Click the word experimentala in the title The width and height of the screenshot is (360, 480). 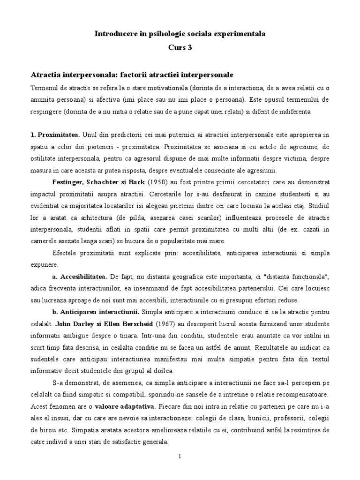(x=240, y=34)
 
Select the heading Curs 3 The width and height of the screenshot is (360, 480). (x=180, y=47)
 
